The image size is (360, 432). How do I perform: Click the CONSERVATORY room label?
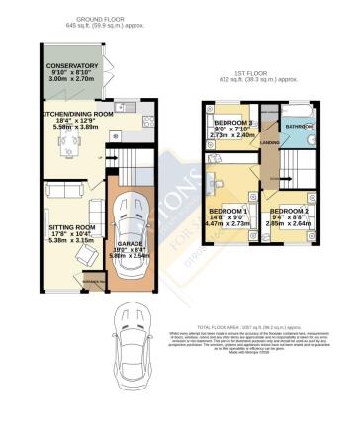point(72,66)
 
